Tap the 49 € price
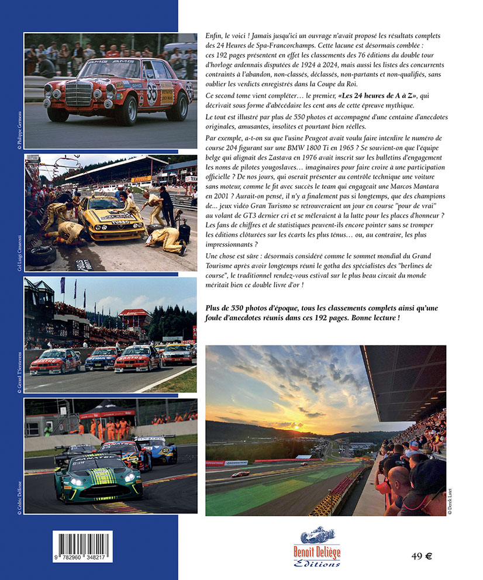[421, 556]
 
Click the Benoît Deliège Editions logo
[316, 547]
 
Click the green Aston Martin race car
[98, 478]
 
